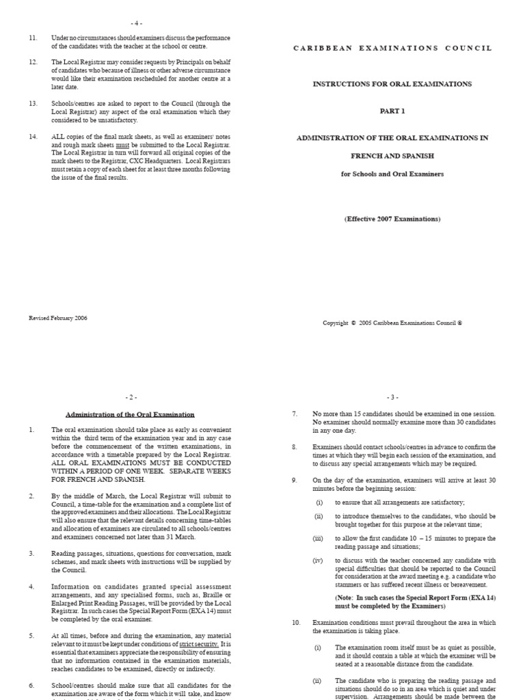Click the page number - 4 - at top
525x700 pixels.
[x=131, y=23]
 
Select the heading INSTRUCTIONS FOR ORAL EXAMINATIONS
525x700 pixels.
[x=392, y=84]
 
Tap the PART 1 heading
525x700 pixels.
[x=392, y=111]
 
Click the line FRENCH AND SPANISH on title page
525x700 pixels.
[x=392, y=156]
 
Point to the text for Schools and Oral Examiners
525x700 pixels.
[x=392, y=174]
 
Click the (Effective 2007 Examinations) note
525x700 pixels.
[x=392, y=219]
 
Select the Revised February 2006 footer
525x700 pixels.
[x=58, y=318]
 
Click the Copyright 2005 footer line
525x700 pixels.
[x=392, y=323]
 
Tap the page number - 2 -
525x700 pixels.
[x=131, y=396]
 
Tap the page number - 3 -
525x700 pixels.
[x=392, y=396]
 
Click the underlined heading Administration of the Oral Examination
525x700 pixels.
[x=130, y=414]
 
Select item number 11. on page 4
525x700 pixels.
[x=33, y=38]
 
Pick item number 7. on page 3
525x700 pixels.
[x=295, y=414]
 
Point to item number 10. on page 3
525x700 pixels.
[x=296, y=623]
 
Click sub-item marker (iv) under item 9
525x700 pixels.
[x=319, y=561]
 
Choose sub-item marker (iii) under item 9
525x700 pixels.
[x=319, y=539]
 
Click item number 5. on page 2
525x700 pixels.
[x=31, y=636]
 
